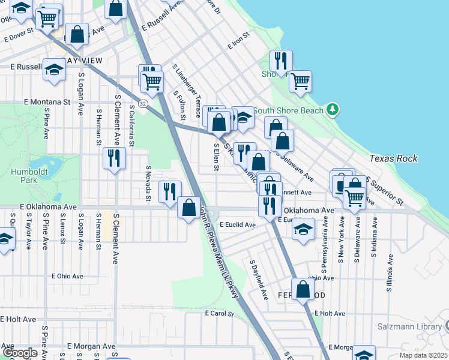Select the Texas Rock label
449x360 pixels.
[x=393, y=158]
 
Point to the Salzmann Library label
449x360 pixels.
[x=409, y=327]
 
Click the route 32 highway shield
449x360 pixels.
[x=142, y=104]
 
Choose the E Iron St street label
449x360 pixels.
[x=238, y=45]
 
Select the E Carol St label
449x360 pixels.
[x=218, y=313]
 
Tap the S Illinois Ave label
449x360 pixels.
[x=390, y=272]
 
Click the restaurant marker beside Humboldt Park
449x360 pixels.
[x=114, y=158]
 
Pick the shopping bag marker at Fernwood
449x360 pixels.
[x=303, y=289]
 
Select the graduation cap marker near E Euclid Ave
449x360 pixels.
[x=304, y=229]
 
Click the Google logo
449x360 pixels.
[x=20, y=353]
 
